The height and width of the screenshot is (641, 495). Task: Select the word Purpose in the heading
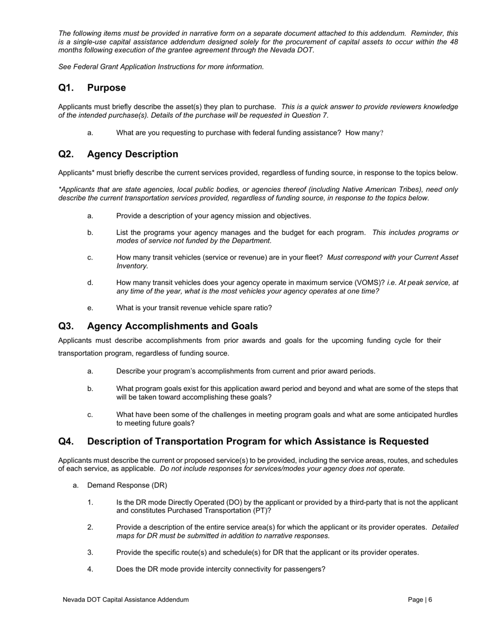[x=106, y=88]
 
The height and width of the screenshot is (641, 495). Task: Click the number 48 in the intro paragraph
[x=453, y=42]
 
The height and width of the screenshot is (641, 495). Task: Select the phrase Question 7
[x=311, y=115]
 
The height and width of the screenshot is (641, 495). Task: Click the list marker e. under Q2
[x=90, y=308]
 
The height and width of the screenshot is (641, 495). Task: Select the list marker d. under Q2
[x=90, y=282]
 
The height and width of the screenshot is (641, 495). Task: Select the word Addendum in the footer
[x=172, y=600]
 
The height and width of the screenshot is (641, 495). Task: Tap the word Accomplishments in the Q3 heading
[x=155, y=326]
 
